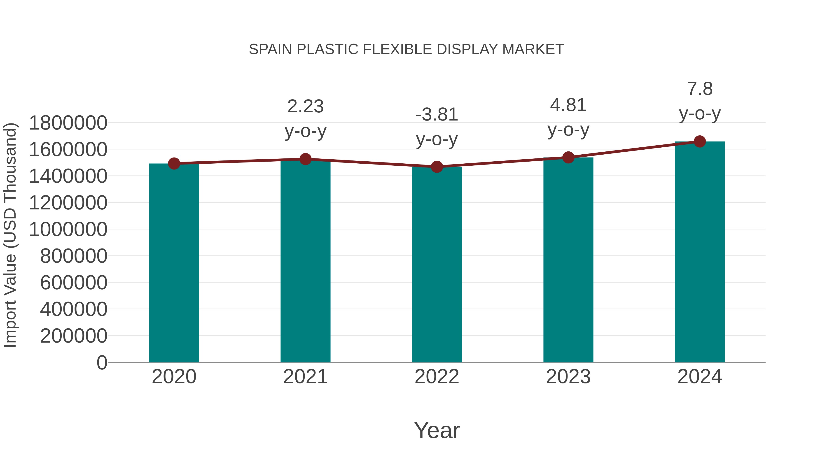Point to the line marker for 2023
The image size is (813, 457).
tap(568, 157)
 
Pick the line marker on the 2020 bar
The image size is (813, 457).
tap(174, 163)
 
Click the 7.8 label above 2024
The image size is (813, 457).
tap(700, 89)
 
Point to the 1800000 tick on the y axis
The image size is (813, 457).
tap(68, 123)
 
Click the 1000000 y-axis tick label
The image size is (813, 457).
tap(68, 229)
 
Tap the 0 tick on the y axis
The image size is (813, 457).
tap(102, 362)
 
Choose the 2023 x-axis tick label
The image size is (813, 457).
tap(568, 377)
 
